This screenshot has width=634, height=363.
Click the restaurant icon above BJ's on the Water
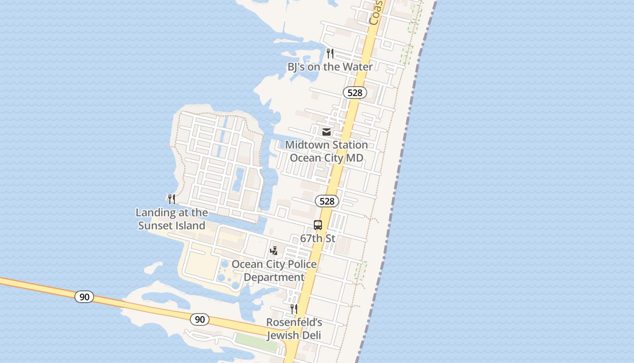click(330, 54)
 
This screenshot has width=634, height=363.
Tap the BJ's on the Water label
click(330, 67)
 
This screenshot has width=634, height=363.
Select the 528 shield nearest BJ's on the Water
click(355, 93)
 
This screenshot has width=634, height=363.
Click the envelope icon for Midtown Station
click(326, 132)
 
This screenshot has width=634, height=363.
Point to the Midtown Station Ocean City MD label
click(327, 152)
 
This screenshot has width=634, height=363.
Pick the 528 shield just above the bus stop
click(327, 201)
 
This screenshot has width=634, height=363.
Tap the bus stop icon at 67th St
click(318, 225)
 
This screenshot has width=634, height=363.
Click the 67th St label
click(318, 238)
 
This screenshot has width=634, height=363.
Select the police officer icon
click(274, 251)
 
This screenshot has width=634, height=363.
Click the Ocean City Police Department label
click(274, 270)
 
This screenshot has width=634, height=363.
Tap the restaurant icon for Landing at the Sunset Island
click(171, 199)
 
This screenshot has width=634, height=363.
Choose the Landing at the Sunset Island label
click(172, 219)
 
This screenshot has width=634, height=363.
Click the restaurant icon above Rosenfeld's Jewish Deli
click(294, 309)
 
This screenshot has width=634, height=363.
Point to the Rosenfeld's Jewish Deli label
click(294, 329)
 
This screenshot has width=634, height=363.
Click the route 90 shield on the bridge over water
click(84, 297)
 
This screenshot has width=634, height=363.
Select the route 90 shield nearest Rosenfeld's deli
click(200, 319)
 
